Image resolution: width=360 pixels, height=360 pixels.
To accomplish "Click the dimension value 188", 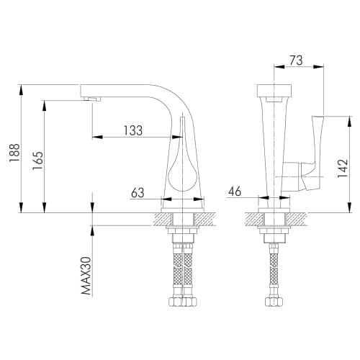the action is click(14, 153).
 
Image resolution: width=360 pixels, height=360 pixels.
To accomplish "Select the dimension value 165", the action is click(38, 161).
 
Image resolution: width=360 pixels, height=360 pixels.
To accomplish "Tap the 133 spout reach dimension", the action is click(133, 130).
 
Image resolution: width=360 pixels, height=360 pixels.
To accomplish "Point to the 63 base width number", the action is click(138, 192).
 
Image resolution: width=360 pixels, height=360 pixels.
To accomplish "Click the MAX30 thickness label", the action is click(86, 276).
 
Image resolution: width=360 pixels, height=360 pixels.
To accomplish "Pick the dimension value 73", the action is click(296, 60).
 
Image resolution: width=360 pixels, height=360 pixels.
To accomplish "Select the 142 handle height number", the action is click(343, 168).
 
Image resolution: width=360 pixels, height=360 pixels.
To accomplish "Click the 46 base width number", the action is click(235, 192).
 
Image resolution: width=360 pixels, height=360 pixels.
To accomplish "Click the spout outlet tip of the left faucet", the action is click(92, 99).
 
